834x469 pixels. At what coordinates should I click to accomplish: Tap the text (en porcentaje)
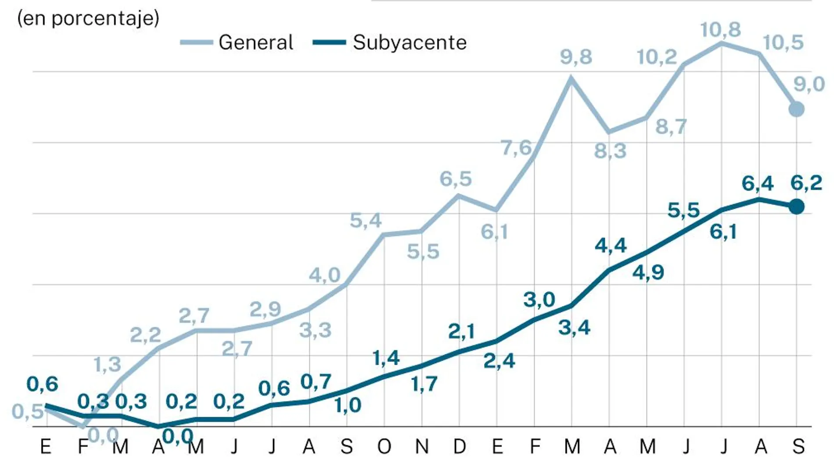pos(88,18)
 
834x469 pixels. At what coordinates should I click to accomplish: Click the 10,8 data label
pos(720,30)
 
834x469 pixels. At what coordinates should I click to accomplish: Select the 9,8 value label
pos(576,57)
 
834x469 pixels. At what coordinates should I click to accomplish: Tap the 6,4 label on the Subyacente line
pos(758,183)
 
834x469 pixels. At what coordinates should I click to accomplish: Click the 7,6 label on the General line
pos(516,148)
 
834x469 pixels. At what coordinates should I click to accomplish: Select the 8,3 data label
pos(610,151)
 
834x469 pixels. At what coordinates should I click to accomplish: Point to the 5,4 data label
pos(366,220)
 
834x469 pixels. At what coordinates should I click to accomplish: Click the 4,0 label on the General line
pos(324,276)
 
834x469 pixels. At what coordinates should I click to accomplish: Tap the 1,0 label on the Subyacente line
pos(348,405)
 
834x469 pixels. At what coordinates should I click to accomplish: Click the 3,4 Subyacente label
pos(574,328)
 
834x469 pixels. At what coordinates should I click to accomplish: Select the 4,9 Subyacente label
pos(648,273)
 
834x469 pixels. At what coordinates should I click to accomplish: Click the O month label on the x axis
pos(384,447)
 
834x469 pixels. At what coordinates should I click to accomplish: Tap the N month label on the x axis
pos(422,447)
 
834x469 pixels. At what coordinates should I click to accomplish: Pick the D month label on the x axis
pos(459,447)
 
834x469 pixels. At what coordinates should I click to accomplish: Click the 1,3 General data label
pos(107,365)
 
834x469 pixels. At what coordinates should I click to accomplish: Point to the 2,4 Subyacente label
pos(499,361)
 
